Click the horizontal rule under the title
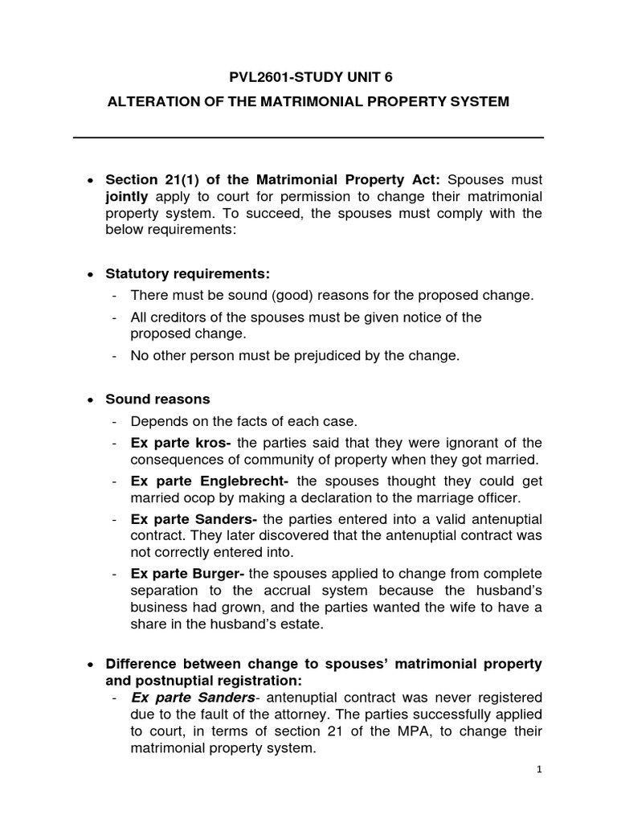pyautogui.click(x=308, y=137)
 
